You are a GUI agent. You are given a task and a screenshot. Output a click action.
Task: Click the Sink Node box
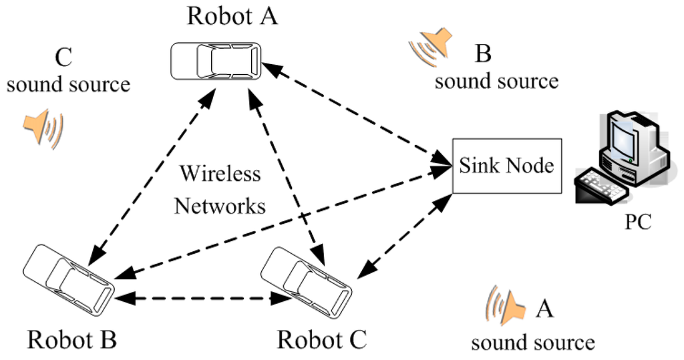click(506, 166)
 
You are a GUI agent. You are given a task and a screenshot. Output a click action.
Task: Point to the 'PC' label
click(637, 221)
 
